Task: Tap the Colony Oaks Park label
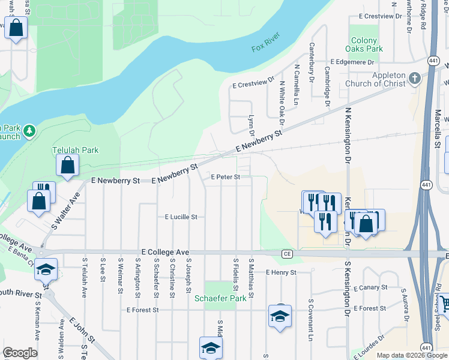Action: coord(366,45)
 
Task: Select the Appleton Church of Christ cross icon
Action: coord(414,78)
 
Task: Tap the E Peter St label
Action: coord(225,177)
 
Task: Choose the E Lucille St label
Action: coord(181,217)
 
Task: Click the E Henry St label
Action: coord(281,272)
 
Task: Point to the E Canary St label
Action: coord(370,287)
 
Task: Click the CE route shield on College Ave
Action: coord(286,254)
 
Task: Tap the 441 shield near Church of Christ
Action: coord(433,61)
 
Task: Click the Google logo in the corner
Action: coord(20,353)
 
